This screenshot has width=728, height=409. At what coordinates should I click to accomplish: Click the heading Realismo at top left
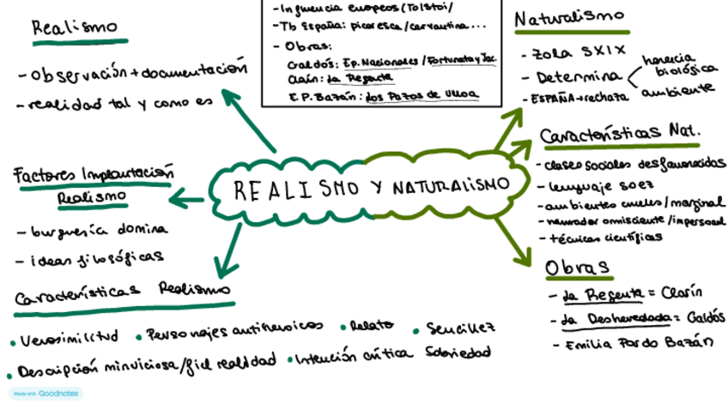tap(78, 27)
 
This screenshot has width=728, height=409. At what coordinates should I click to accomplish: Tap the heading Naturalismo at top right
tap(568, 17)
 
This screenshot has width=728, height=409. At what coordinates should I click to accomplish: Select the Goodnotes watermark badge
tap(45, 393)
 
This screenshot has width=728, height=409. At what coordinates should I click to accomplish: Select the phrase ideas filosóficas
tap(95, 257)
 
